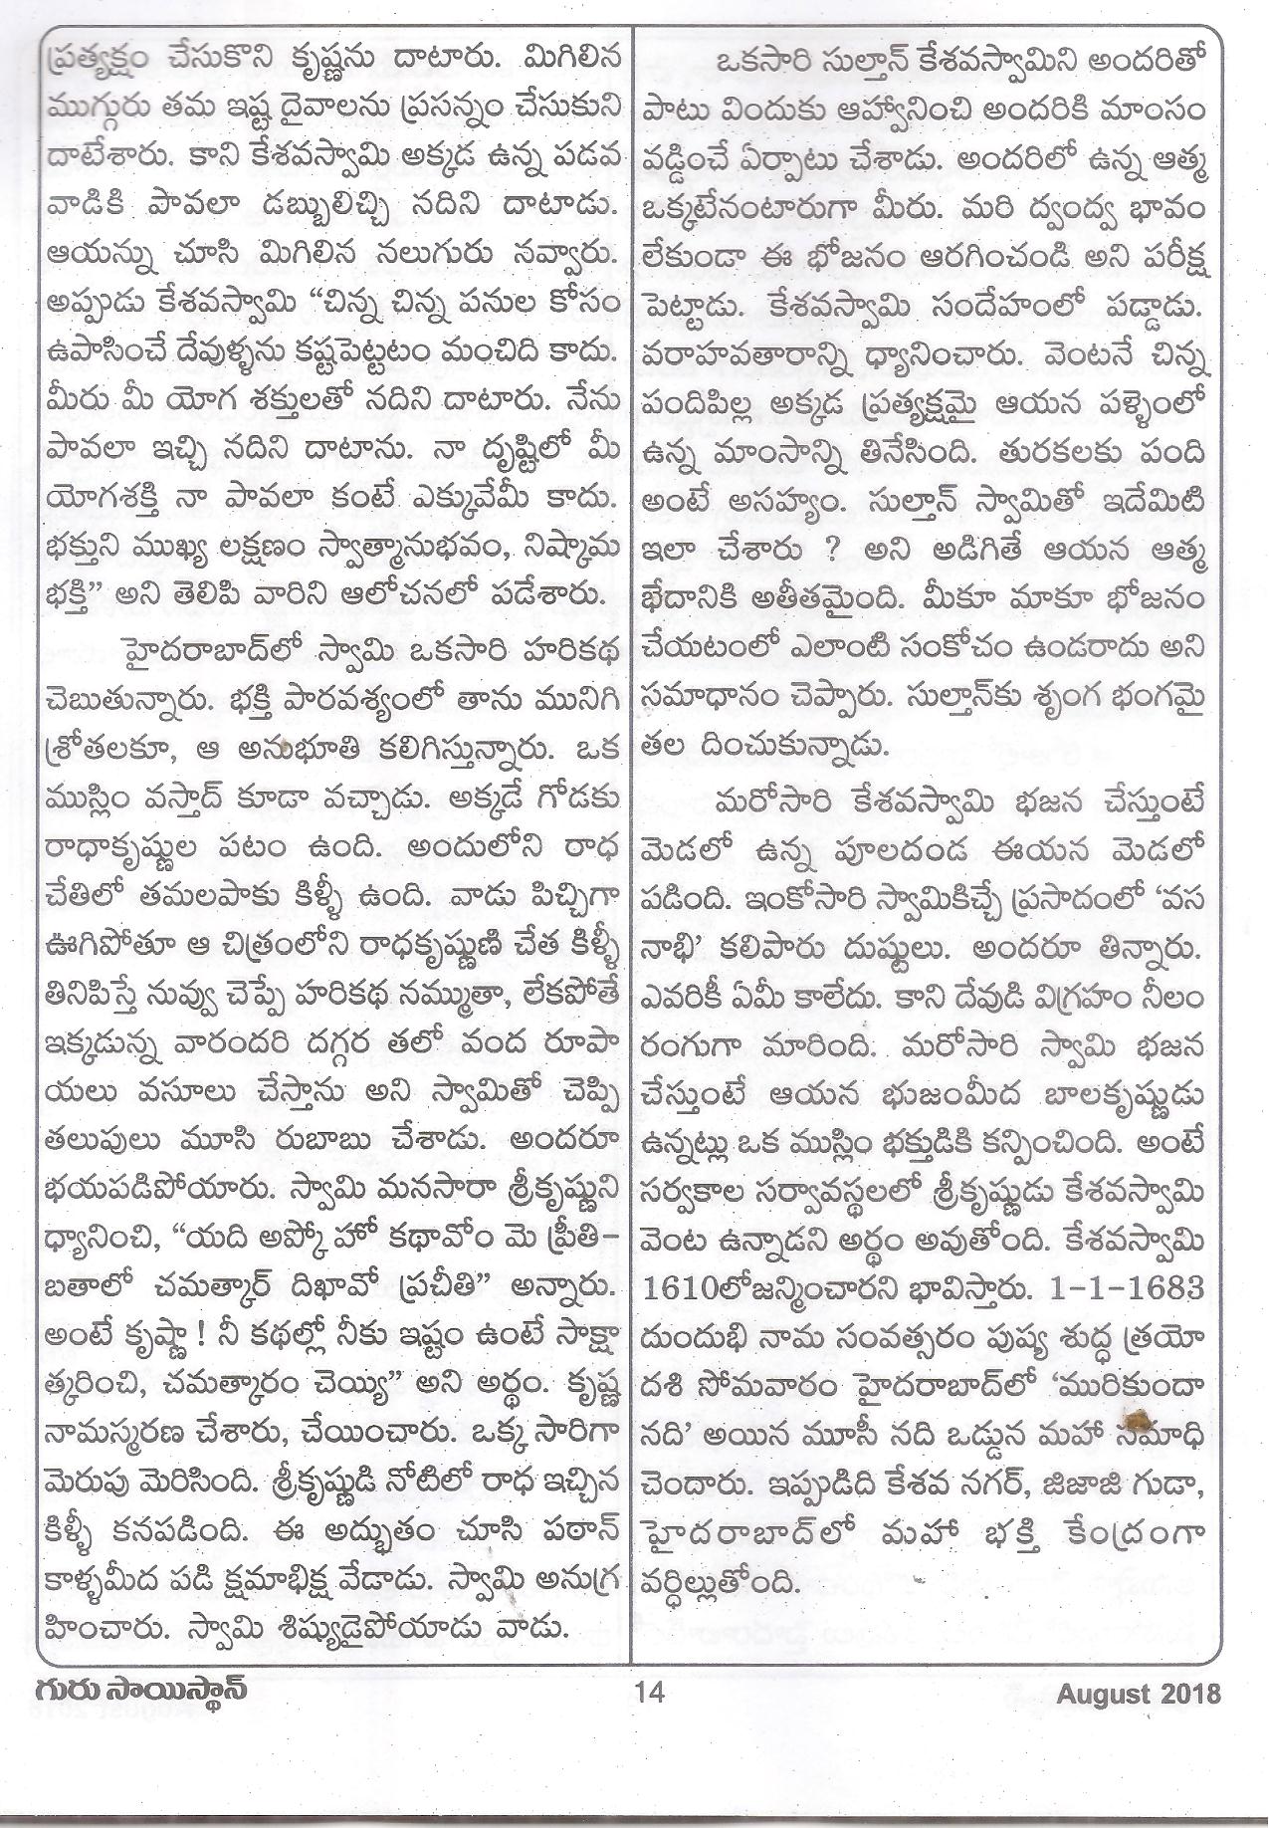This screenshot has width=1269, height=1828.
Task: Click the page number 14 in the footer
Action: point(648,1692)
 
